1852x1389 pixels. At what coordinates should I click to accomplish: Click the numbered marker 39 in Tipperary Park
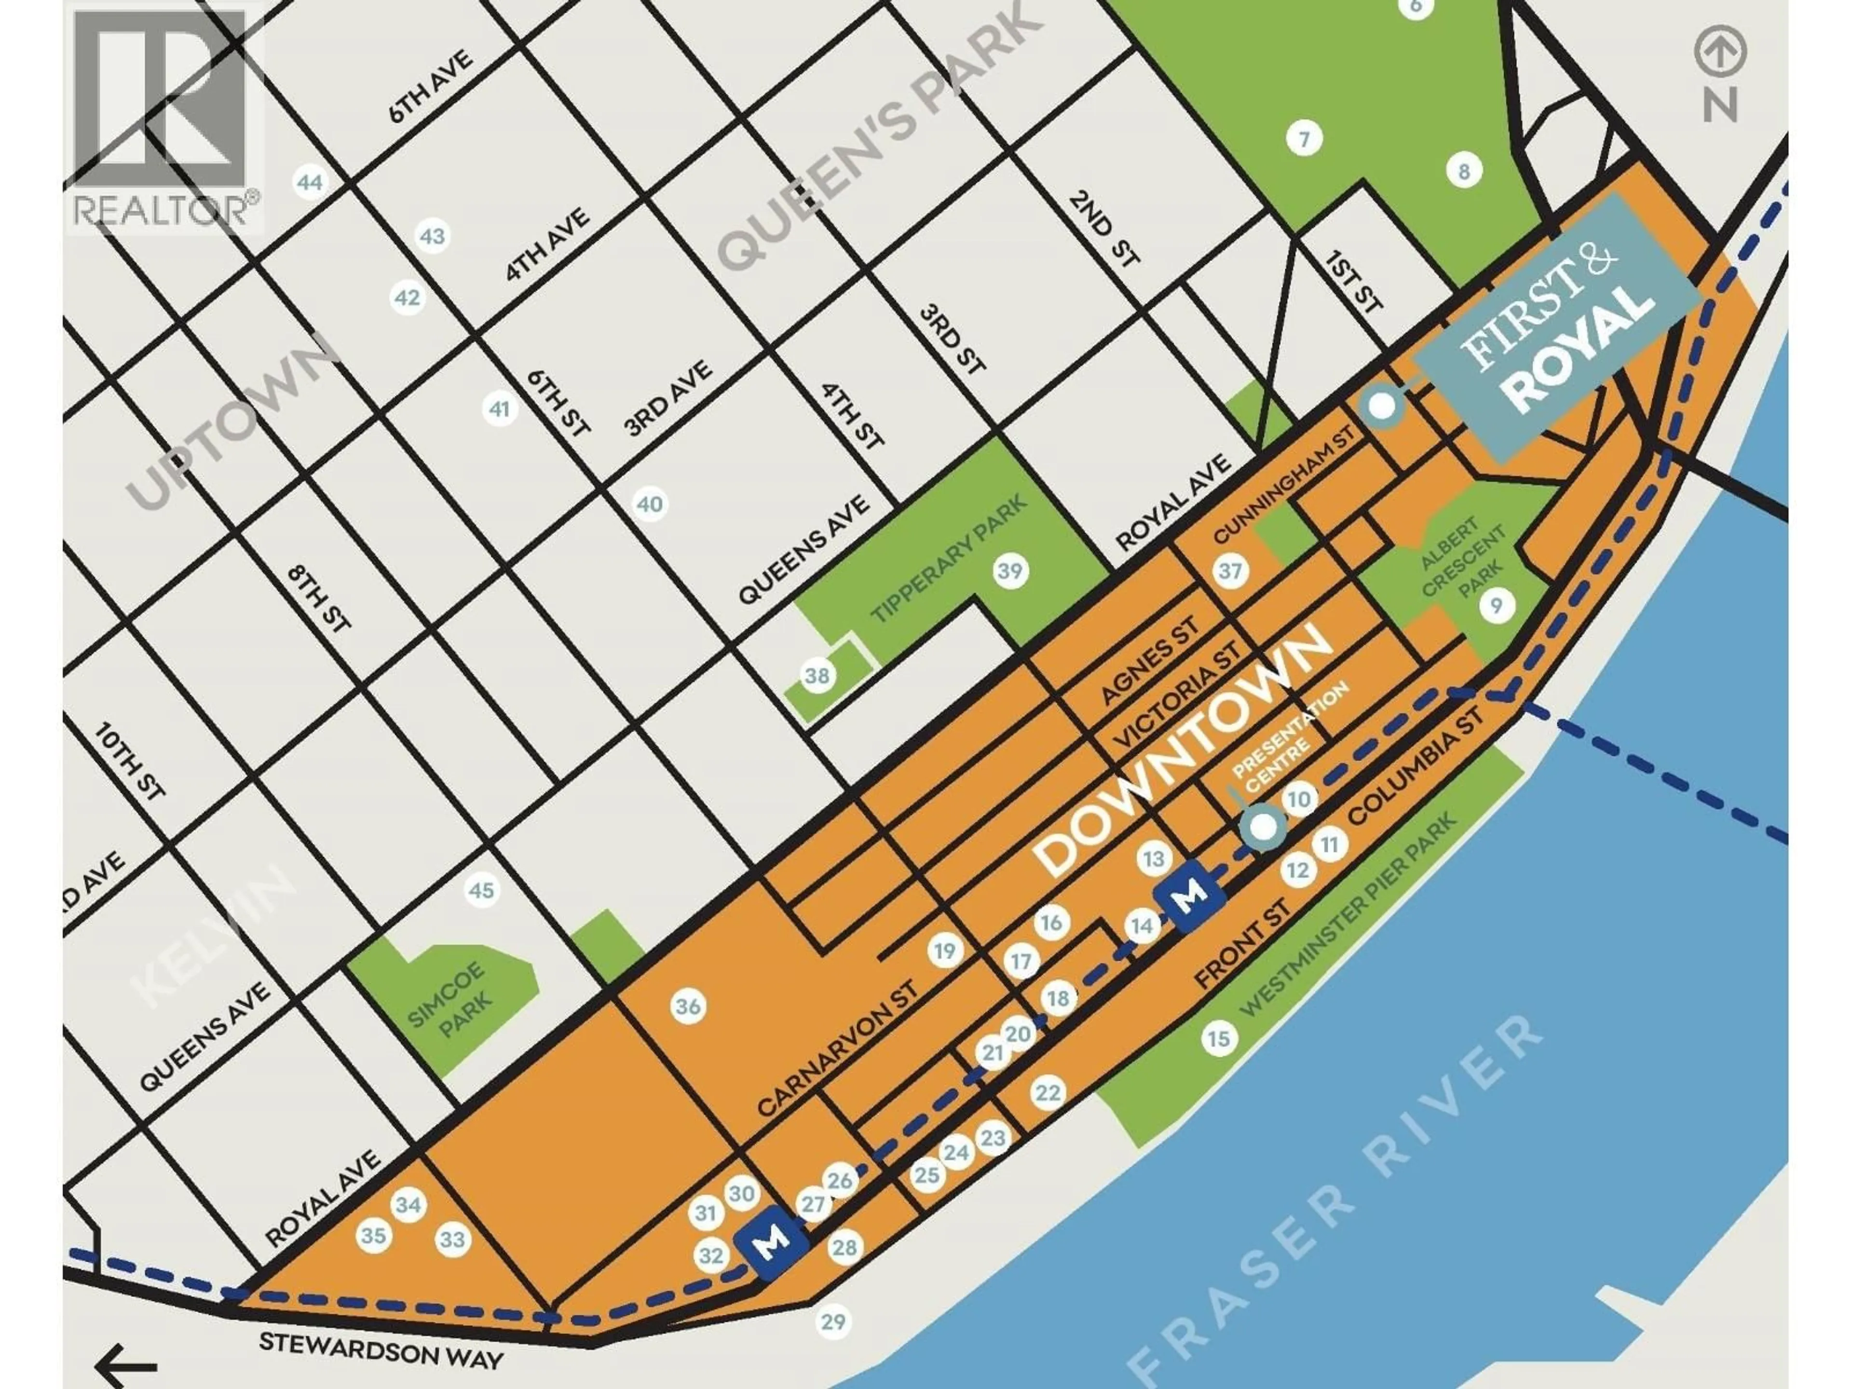coord(1010,571)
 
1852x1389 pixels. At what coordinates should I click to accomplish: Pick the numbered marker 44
coord(310,182)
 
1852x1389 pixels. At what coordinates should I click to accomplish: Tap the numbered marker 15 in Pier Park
coord(1218,1039)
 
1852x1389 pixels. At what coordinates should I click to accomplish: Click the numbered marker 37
coord(1230,571)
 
